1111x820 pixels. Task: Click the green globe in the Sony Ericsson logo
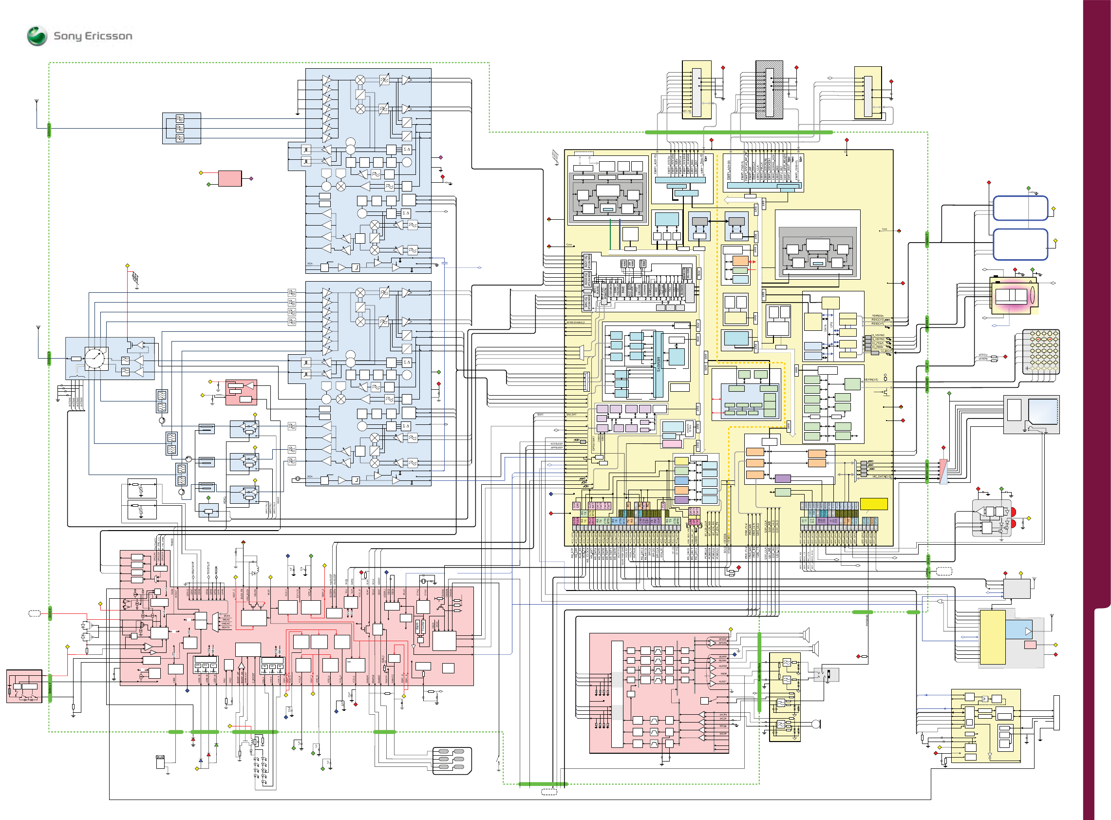[x=37, y=36]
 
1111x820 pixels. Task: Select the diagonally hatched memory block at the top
[x=769, y=90]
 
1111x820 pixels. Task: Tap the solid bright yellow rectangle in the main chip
[x=873, y=504]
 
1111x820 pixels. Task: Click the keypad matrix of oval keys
[x=1041, y=351]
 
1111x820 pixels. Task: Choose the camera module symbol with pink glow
[x=1013, y=296]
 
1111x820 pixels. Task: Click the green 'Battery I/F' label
[x=50, y=688]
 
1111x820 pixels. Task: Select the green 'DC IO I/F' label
[x=50, y=613]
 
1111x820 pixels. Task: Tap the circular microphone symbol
[x=816, y=724]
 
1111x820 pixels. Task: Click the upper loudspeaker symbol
[x=806, y=634]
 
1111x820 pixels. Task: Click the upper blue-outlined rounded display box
[x=1020, y=208]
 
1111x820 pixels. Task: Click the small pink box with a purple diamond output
[x=230, y=178]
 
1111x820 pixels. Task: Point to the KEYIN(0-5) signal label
[x=871, y=380]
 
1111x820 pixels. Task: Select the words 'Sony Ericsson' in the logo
[x=93, y=36]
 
